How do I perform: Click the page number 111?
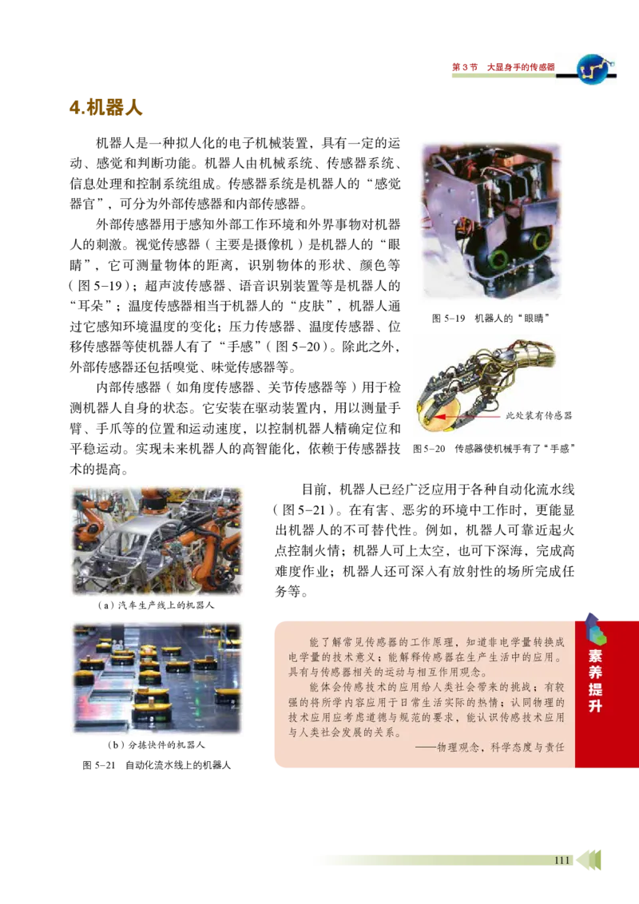pyautogui.click(x=562, y=860)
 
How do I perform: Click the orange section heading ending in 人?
pyautogui.click(x=105, y=109)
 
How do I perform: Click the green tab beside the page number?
pyautogui.click(x=595, y=860)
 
